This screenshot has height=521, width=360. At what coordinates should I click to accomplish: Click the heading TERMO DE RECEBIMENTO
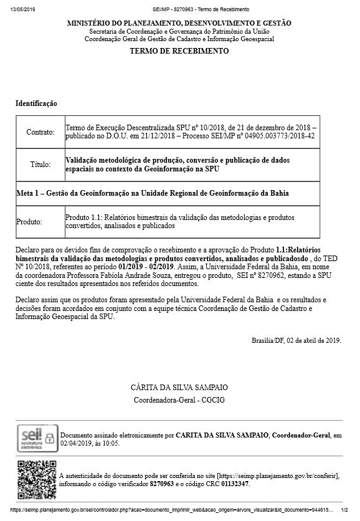(179, 51)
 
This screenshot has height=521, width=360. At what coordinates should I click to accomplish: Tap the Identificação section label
(36, 103)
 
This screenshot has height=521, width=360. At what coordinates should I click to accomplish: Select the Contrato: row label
(40, 132)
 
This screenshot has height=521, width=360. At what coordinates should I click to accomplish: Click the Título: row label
(40, 165)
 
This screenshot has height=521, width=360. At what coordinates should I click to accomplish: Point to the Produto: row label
(29, 221)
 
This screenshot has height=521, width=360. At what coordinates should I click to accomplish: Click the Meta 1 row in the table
(152, 193)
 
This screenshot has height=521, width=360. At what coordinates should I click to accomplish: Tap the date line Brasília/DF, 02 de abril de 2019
(296, 341)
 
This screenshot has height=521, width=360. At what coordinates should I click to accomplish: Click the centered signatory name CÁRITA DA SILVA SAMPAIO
(179, 387)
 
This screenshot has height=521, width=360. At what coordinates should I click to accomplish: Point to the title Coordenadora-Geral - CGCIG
(179, 399)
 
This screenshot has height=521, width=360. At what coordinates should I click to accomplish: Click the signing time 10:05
(111, 443)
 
